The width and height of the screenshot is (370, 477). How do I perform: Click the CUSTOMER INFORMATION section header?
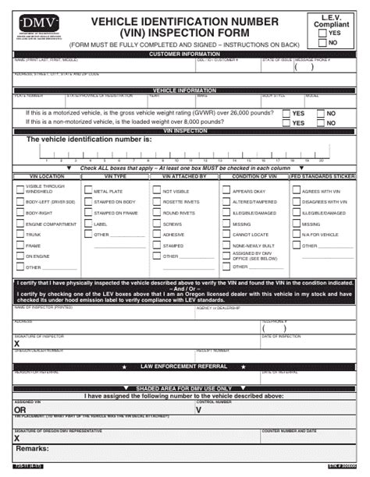[x=185, y=54]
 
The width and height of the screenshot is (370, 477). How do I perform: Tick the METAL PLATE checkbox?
[x=87, y=191]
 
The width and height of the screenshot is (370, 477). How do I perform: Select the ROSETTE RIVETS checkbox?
[x=156, y=202]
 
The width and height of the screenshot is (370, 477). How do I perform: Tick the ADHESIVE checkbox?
[x=156, y=235]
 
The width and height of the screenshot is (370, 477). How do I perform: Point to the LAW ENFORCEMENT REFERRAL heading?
[x=185, y=366]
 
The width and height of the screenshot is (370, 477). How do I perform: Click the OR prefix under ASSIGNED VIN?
[x=20, y=409]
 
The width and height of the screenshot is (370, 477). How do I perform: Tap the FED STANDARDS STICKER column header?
[x=322, y=177]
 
